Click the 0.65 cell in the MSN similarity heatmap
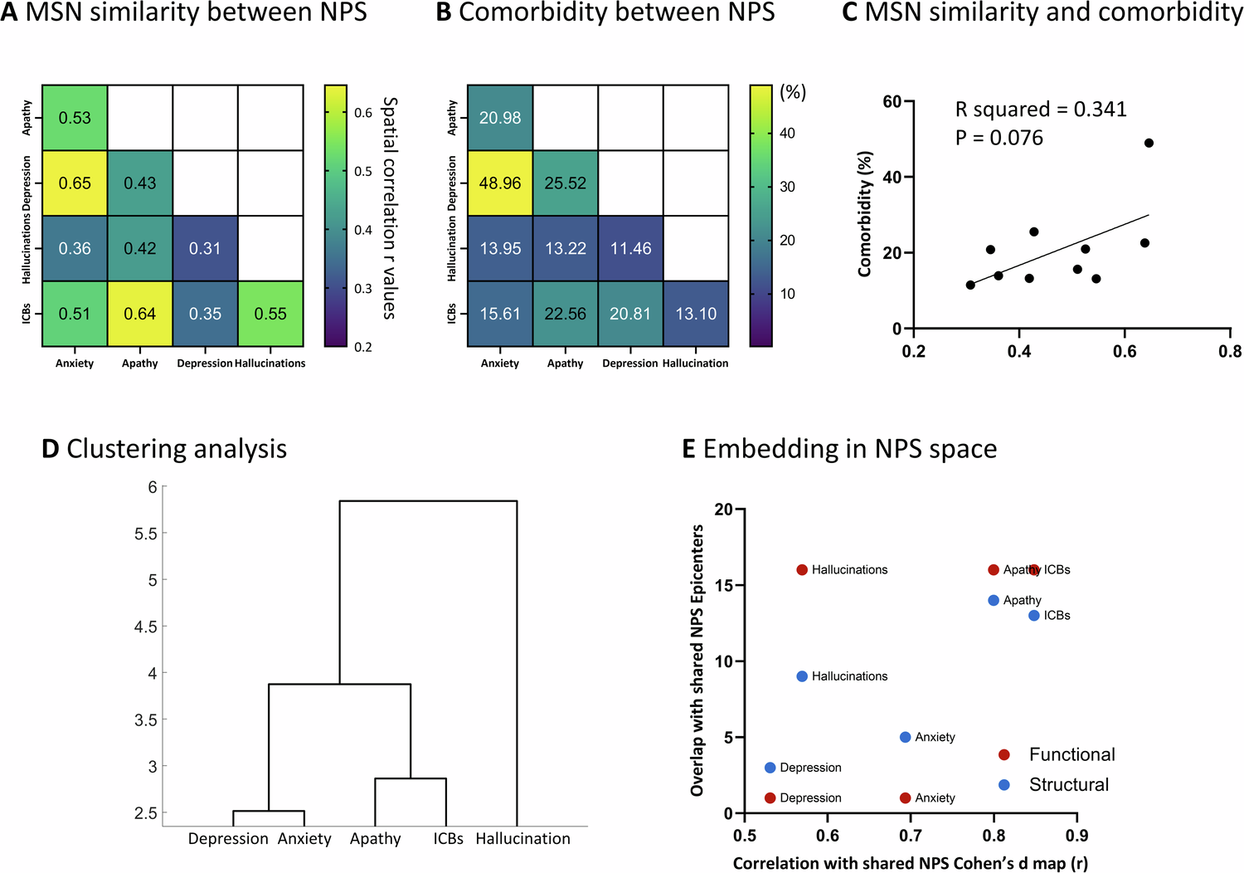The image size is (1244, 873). click(75, 183)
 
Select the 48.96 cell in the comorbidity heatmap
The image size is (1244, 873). click(500, 183)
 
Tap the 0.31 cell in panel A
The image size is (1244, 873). click(205, 249)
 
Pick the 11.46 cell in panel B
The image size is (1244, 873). click(630, 249)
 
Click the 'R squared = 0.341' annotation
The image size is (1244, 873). click(1040, 110)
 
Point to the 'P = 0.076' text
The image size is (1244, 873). click(999, 138)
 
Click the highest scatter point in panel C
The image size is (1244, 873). click(1149, 143)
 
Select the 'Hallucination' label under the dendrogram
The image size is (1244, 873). click(522, 839)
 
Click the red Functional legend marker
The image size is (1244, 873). click(1003, 754)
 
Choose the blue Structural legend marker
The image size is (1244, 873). click(1003, 785)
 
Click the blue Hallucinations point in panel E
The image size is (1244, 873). click(802, 676)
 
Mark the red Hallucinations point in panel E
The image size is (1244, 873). click(802, 570)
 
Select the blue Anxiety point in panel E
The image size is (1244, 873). click(906, 737)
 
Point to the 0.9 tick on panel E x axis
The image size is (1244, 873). click(1076, 836)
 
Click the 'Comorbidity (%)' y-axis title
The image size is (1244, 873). click(865, 214)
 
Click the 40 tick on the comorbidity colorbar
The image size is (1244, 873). click(787, 134)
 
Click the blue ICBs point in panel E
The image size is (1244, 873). click(1034, 616)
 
